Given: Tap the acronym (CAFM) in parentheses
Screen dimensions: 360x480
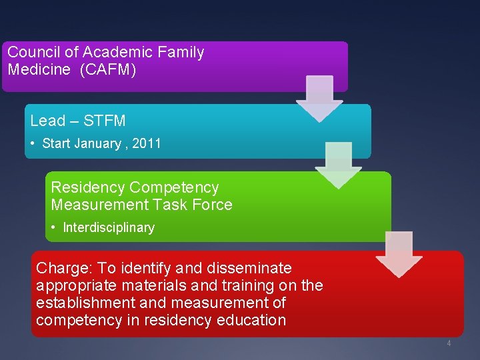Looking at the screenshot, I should (107, 69).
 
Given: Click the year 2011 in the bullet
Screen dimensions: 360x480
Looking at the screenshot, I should (147, 143).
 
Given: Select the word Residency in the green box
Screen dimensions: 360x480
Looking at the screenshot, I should (89, 187).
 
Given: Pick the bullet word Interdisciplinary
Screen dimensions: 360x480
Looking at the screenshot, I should (109, 227).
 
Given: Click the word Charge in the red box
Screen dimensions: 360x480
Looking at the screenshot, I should (63, 268).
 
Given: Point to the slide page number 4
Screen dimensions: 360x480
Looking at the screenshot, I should (449, 343).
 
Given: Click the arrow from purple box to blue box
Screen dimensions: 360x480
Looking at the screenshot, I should (319, 99).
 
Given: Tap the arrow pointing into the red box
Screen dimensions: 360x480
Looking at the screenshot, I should (399, 254).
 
